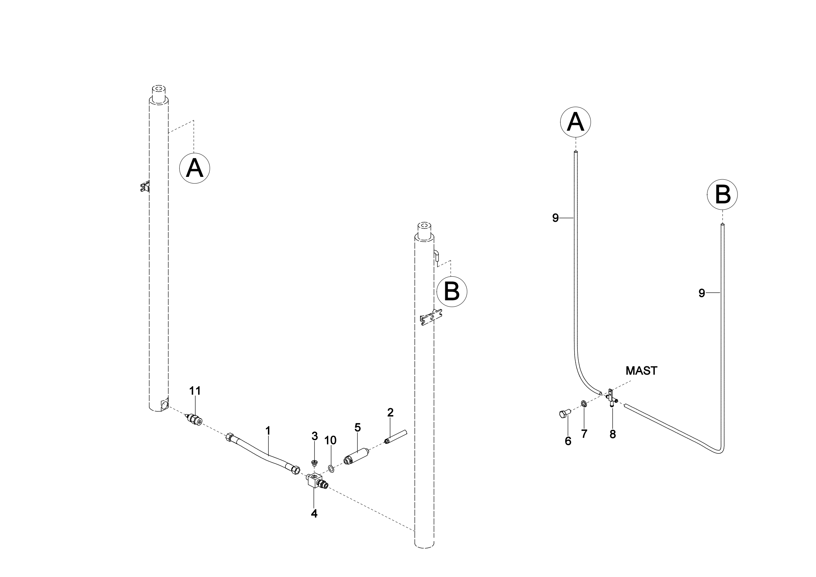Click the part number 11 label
pos(195,391)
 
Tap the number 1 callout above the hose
pos(268,431)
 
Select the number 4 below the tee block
pos(314,514)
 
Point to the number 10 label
pos(330,440)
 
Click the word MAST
pos(641,371)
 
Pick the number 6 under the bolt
pos(568,441)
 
